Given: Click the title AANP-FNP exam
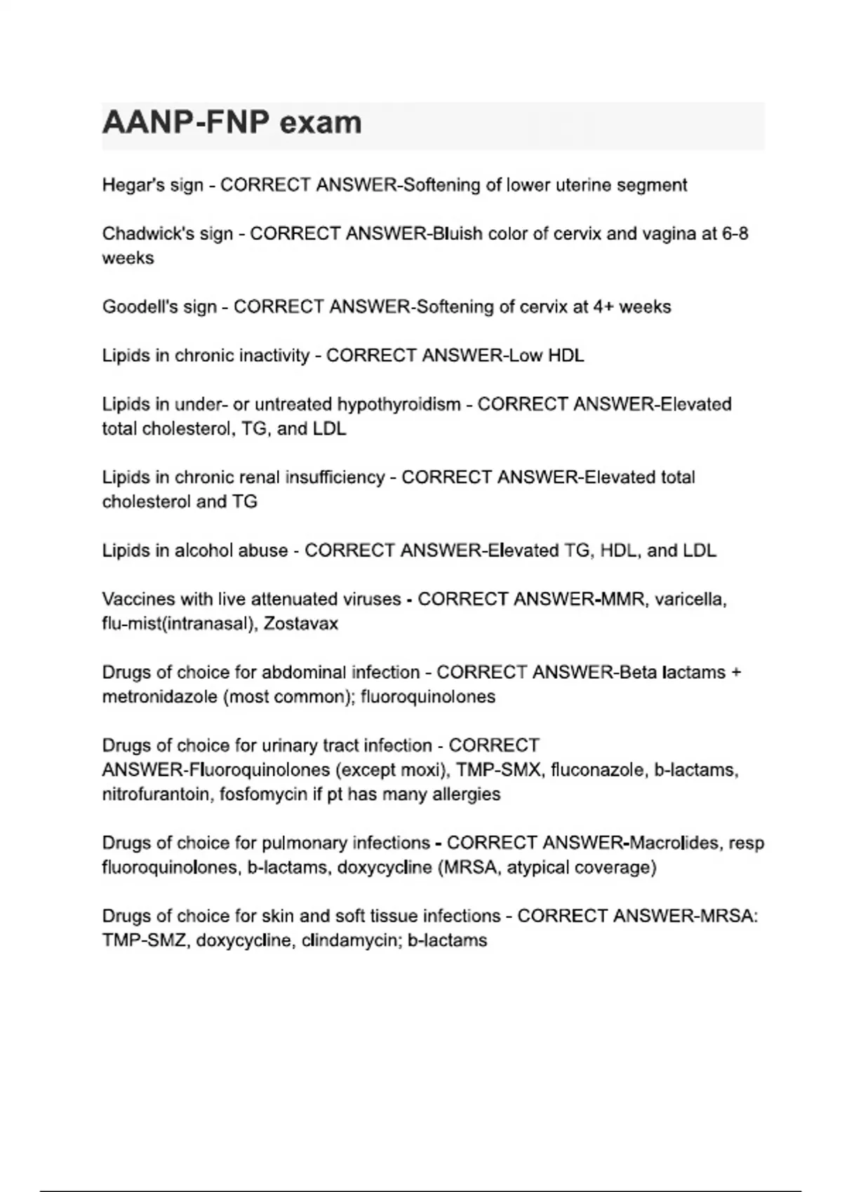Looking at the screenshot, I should click(x=232, y=123).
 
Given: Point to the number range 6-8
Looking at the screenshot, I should click(x=735, y=233).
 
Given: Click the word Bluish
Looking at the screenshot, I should click(x=458, y=233).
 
